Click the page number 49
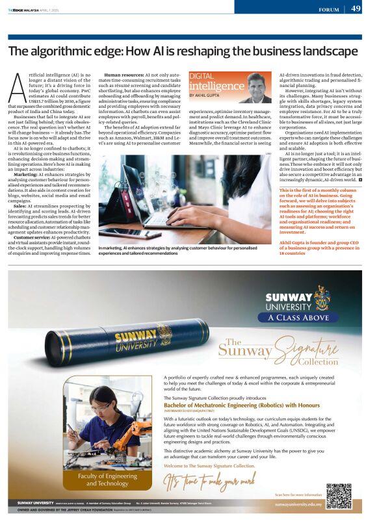356,8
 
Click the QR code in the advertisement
339,496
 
